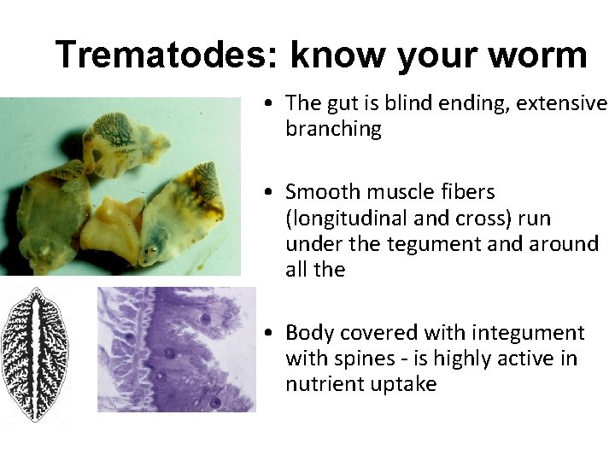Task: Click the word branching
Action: (333, 129)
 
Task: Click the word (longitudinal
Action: (339, 218)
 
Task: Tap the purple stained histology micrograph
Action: (175, 349)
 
